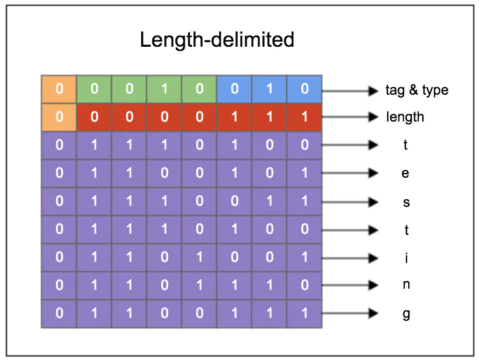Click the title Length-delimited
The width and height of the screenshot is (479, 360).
[217, 40]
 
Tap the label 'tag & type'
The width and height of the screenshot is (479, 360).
[416, 90]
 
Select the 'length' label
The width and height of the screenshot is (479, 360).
[405, 117]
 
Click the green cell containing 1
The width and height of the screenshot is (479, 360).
[164, 89]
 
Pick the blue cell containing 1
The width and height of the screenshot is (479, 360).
[269, 89]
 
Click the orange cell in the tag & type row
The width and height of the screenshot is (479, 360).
[59, 89]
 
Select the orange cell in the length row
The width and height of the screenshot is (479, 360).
[59, 117]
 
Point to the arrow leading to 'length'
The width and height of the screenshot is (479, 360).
[349, 117]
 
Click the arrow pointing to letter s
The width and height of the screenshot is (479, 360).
[349, 202]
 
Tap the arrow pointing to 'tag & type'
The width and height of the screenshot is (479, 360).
[349, 90]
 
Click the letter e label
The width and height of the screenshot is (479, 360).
[406, 174]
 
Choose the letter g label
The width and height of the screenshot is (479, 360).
[406, 314]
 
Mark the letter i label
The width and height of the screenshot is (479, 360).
[406, 258]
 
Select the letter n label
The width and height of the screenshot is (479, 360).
[406, 286]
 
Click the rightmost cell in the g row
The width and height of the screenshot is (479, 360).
[304, 314]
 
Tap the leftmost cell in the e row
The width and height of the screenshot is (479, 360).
[59, 174]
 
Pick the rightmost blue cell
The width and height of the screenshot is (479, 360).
[304, 89]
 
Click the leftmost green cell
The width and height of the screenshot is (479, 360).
[94, 89]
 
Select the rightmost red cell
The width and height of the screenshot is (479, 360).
[304, 117]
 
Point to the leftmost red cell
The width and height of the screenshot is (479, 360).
[94, 117]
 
